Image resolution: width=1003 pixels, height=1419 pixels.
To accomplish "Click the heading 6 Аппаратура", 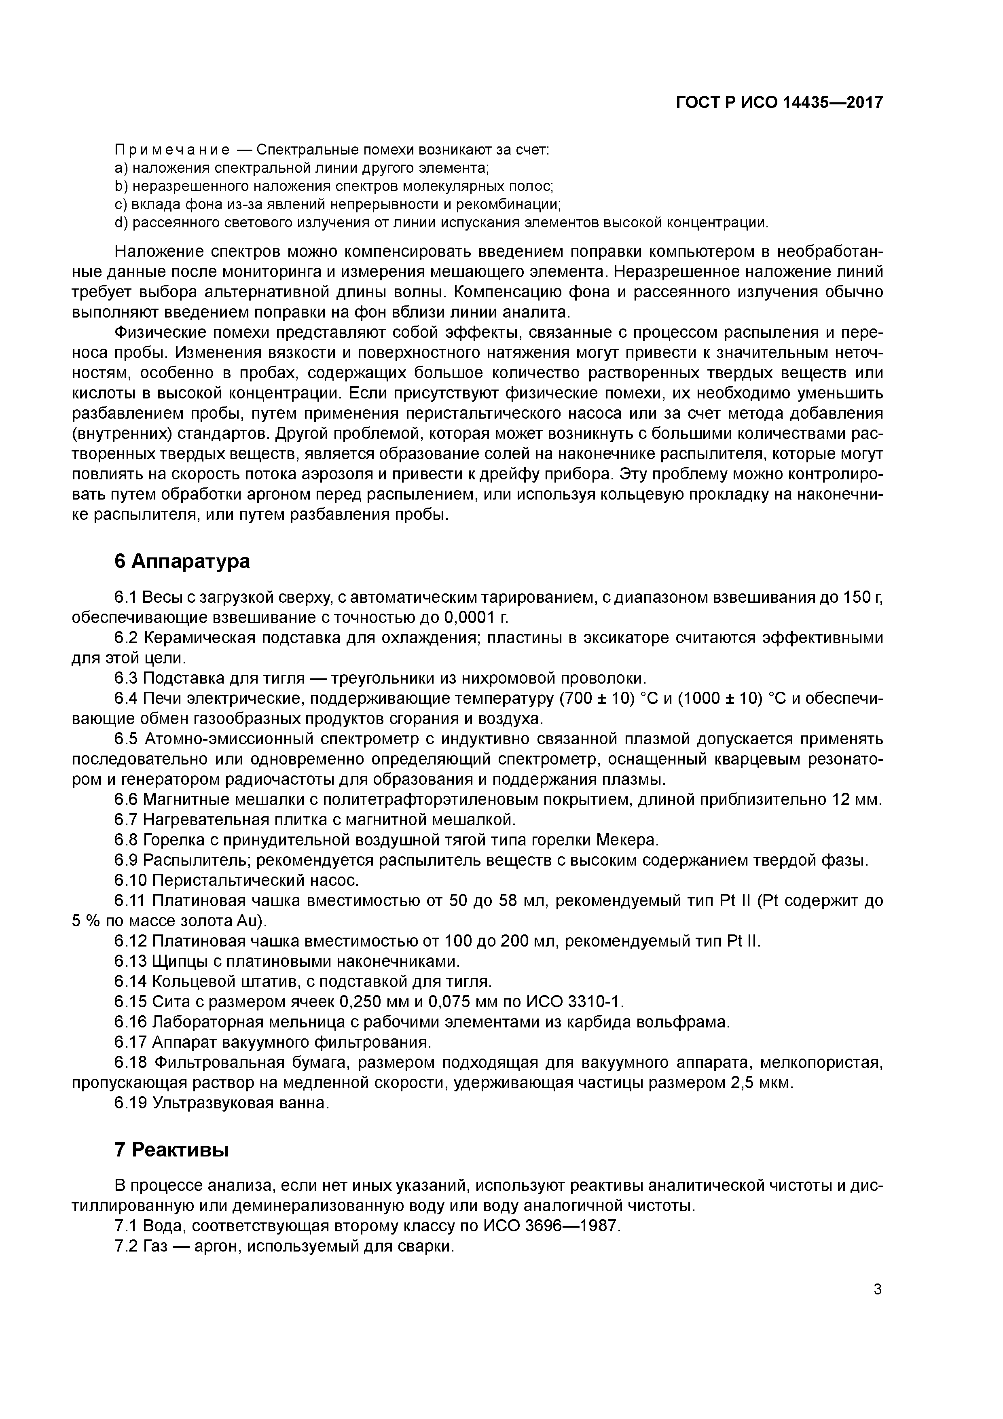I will coord(182,561).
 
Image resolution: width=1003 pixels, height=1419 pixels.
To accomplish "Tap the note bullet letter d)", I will coord(121,222).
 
